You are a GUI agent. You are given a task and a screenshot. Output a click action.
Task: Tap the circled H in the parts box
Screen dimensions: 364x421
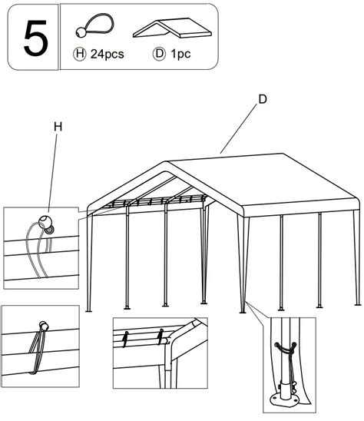coord(80,54)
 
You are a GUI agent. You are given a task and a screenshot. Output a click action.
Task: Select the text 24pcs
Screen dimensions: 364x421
coord(107,55)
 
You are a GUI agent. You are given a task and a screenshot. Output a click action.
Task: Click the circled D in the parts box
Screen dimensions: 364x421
coord(159,54)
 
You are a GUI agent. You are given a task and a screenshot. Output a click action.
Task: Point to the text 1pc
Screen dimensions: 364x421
coord(180,55)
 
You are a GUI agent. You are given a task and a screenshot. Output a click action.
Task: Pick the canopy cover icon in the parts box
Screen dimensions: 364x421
coord(172,28)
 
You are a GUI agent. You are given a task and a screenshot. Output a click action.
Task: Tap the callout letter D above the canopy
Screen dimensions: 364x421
coord(263,99)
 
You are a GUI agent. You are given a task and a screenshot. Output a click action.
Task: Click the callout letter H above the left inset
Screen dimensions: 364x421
coord(58,127)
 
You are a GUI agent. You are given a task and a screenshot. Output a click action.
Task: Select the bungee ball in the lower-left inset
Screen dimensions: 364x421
coord(43,326)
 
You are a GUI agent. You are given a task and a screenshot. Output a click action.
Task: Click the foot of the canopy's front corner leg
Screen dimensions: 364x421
coord(243,312)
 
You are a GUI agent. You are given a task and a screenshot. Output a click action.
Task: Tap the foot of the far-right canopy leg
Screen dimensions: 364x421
coord(358,304)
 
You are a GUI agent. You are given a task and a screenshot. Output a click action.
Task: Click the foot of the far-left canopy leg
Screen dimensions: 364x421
coord(88,311)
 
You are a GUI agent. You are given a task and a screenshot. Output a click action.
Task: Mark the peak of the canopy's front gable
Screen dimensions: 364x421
coord(165,161)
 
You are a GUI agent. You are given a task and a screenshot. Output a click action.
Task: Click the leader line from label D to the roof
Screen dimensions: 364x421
coord(238,129)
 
